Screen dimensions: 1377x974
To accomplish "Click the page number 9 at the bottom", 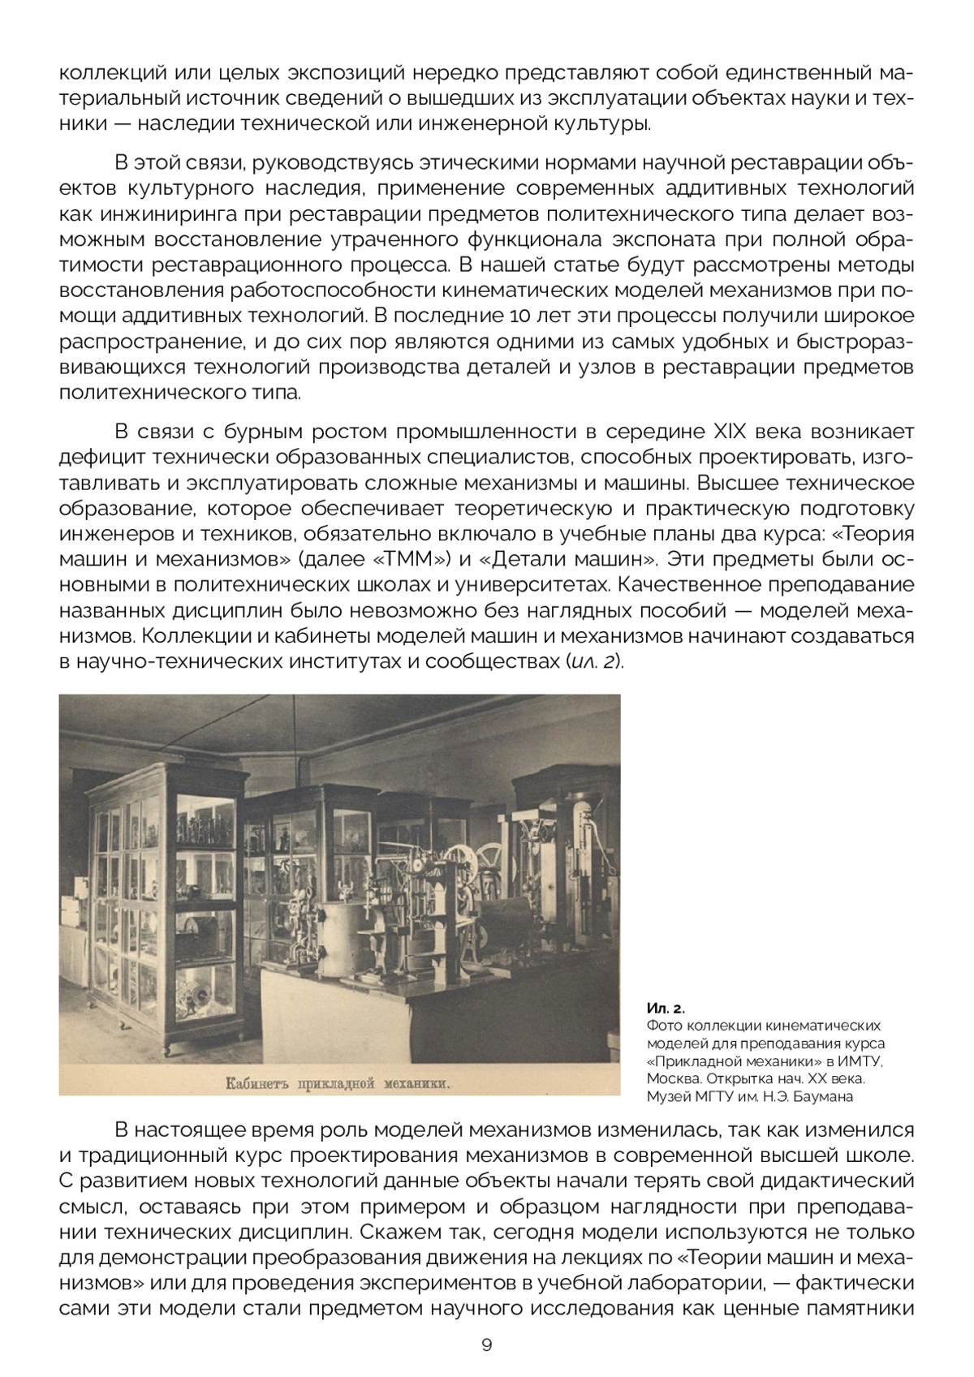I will pos(486,1345).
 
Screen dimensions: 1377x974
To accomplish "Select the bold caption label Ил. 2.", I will pos(666,1009).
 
